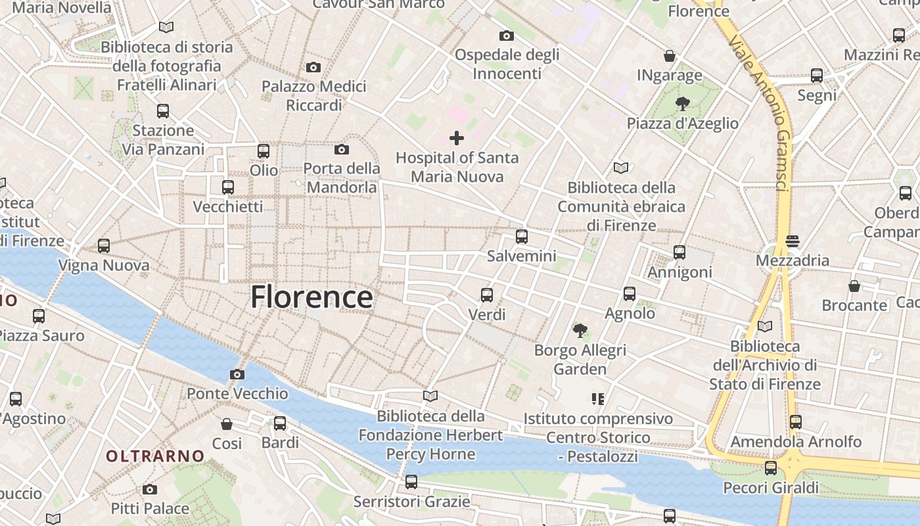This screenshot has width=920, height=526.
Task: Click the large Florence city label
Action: click(311, 297)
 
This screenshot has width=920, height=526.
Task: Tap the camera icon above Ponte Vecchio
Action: click(237, 375)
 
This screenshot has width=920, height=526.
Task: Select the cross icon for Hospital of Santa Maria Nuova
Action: click(457, 138)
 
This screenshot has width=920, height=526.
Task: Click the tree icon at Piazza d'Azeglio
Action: click(682, 103)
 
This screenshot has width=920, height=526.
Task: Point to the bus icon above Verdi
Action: click(487, 295)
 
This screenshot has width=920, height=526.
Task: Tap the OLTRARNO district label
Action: click(156, 456)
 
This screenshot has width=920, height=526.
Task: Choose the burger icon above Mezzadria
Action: click(792, 241)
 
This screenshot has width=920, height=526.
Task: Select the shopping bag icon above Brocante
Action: click(854, 286)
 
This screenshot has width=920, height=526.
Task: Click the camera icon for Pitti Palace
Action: click(150, 489)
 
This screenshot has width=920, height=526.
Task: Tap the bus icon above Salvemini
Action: click(522, 236)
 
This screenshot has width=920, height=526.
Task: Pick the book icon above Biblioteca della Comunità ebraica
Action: click(621, 168)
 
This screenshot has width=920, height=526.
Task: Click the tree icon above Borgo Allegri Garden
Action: click(580, 330)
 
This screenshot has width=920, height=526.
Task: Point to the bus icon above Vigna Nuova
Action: click(104, 246)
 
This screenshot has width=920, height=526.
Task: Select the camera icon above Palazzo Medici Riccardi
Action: click(313, 67)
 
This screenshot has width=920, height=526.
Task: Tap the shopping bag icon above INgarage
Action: click(669, 56)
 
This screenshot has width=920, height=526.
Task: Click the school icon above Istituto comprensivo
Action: click(597, 398)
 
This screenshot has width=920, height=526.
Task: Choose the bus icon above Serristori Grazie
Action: click(411, 482)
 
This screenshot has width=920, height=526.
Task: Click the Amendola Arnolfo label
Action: click(796, 442)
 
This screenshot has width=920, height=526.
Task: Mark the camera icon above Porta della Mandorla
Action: click(342, 149)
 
